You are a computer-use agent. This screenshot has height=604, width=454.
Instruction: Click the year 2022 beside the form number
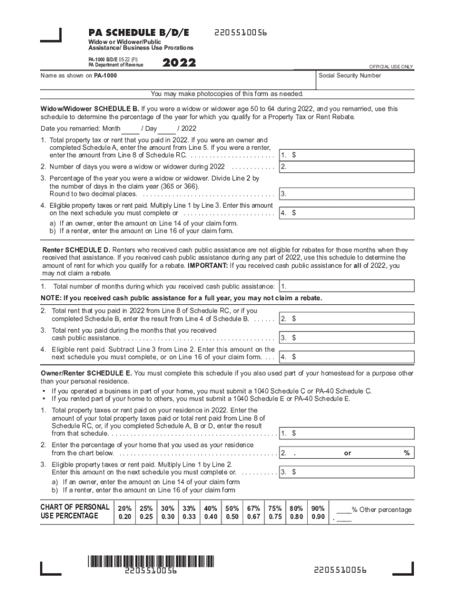(x=179, y=63)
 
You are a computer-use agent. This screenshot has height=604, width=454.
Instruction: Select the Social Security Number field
(x=365, y=83)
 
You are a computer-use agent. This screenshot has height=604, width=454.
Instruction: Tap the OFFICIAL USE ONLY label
(x=391, y=67)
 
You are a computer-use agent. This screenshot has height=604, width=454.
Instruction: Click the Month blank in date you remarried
(x=130, y=129)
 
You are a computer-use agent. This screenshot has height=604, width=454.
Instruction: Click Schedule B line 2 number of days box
(x=348, y=167)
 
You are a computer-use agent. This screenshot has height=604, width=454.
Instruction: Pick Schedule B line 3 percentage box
(x=348, y=193)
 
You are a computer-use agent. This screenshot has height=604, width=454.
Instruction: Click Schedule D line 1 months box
(x=348, y=287)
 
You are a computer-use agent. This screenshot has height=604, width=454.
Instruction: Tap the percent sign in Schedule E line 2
(x=406, y=453)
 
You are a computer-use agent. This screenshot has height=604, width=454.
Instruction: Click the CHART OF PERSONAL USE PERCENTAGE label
(x=75, y=511)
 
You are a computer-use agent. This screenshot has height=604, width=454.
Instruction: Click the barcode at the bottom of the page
(x=152, y=562)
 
